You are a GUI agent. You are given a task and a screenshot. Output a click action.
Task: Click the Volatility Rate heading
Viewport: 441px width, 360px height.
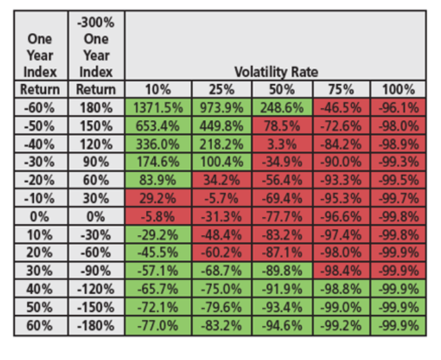pyautogui.click(x=276, y=72)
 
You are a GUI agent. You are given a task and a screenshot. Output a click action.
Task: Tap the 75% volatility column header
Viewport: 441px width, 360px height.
pyautogui.click(x=340, y=90)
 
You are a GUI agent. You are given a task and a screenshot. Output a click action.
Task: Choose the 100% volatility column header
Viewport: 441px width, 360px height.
pyautogui.click(x=398, y=90)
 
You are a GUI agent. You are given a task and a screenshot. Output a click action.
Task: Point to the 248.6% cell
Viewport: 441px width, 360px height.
pyautogui.click(x=280, y=107)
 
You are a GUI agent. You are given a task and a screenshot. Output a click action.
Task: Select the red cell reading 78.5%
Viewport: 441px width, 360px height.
pyautogui.click(x=280, y=125)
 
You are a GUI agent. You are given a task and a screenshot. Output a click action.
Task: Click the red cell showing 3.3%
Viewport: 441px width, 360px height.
pyautogui.click(x=280, y=143)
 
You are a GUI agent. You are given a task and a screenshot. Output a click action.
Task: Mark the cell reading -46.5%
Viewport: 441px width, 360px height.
pyautogui.click(x=340, y=107)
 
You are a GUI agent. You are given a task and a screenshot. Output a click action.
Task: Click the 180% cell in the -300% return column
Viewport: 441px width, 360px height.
pyautogui.click(x=96, y=107)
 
